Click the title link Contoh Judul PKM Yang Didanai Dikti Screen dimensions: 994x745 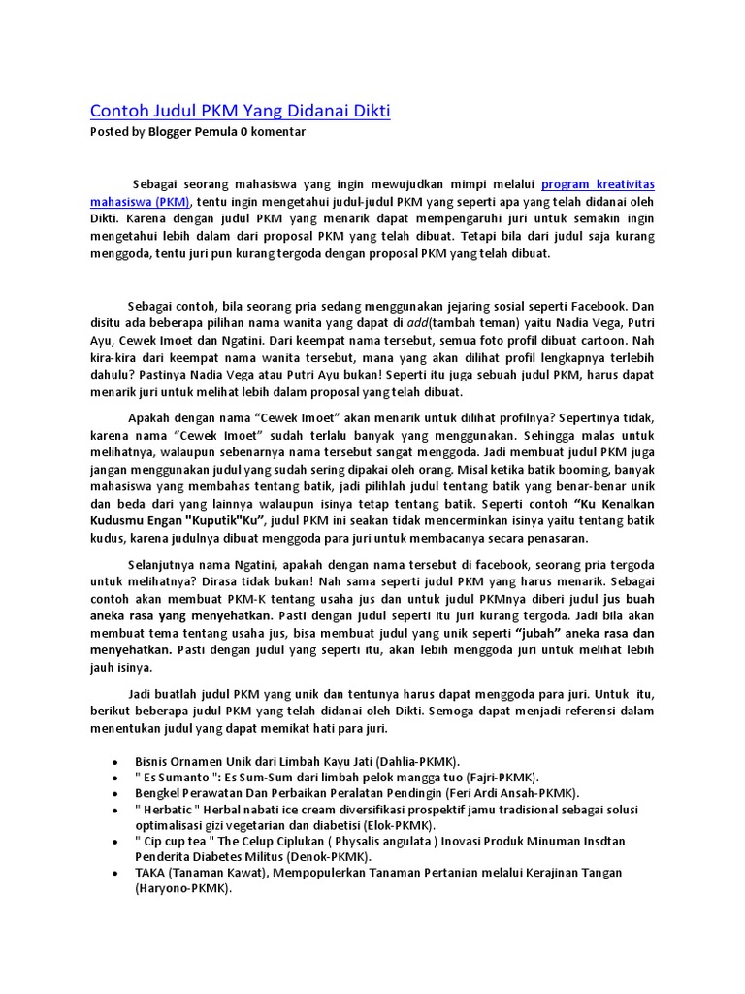[240, 111]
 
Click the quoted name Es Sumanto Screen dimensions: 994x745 [178, 778]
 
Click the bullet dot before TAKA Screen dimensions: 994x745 [116, 874]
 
